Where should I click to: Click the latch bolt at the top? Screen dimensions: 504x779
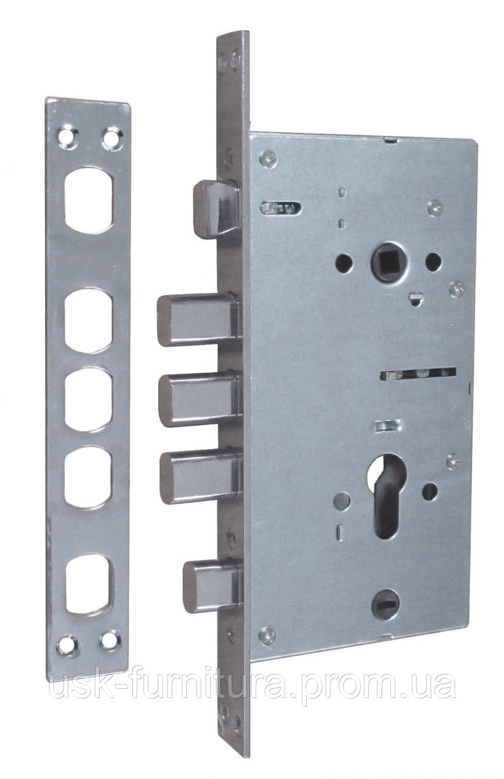coord(216,209)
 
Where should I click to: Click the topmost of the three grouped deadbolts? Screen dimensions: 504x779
coord(199,320)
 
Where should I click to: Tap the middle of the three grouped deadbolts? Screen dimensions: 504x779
coord(201,399)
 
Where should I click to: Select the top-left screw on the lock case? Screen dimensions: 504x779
coord(268,159)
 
